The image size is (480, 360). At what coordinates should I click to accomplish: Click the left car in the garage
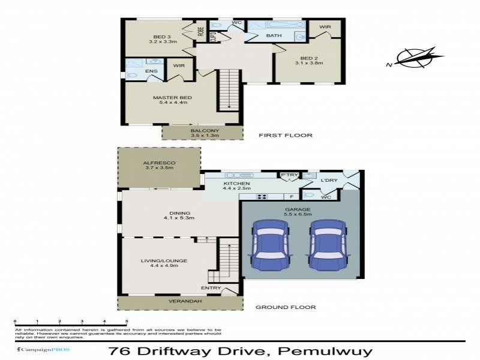[x=270, y=245]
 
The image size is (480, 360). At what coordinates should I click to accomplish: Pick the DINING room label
[x=180, y=213]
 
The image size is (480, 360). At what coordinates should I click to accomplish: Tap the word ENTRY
[x=211, y=289]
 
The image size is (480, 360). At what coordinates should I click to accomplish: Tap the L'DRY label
[x=328, y=181]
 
